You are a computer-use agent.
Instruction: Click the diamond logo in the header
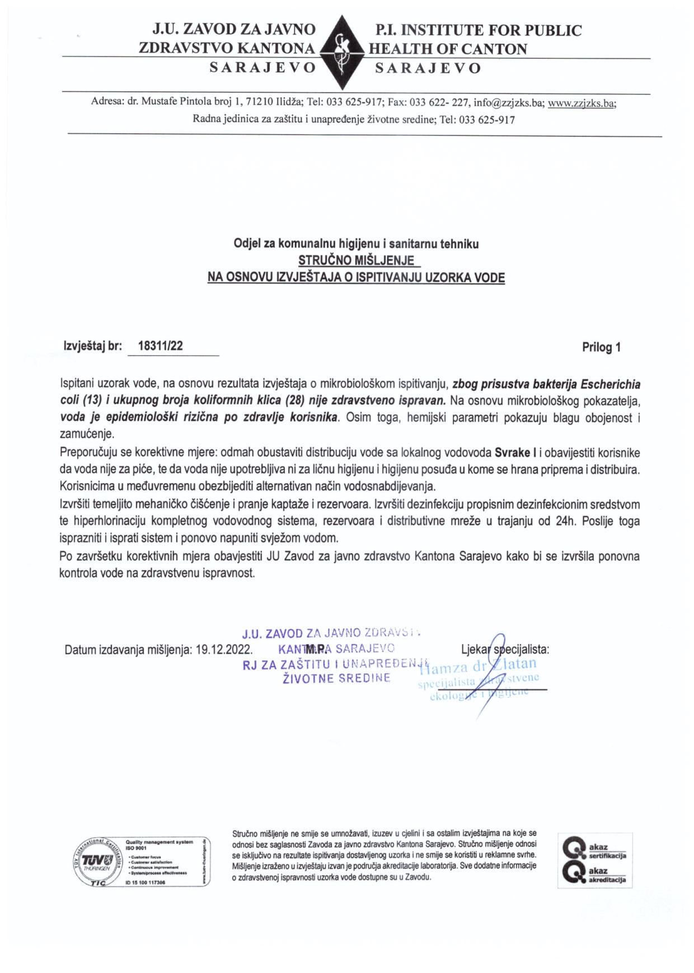[x=341, y=53]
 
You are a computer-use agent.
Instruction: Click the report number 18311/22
[x=160, y=346]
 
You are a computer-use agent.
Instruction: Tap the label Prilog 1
[x=601, y=347]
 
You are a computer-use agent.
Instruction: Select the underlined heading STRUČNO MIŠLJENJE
[x=356, y=261]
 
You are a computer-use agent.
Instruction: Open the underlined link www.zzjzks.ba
[x=582, y=103]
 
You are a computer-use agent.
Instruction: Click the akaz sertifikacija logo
[x=594, y=851]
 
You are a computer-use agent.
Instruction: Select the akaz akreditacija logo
[x=594, y=875]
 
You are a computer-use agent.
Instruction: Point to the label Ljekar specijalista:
[x=505, y=649]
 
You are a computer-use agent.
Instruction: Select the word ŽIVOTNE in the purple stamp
[x=308, y=678]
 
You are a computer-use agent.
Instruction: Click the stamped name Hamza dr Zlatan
[x=479, y=664]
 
